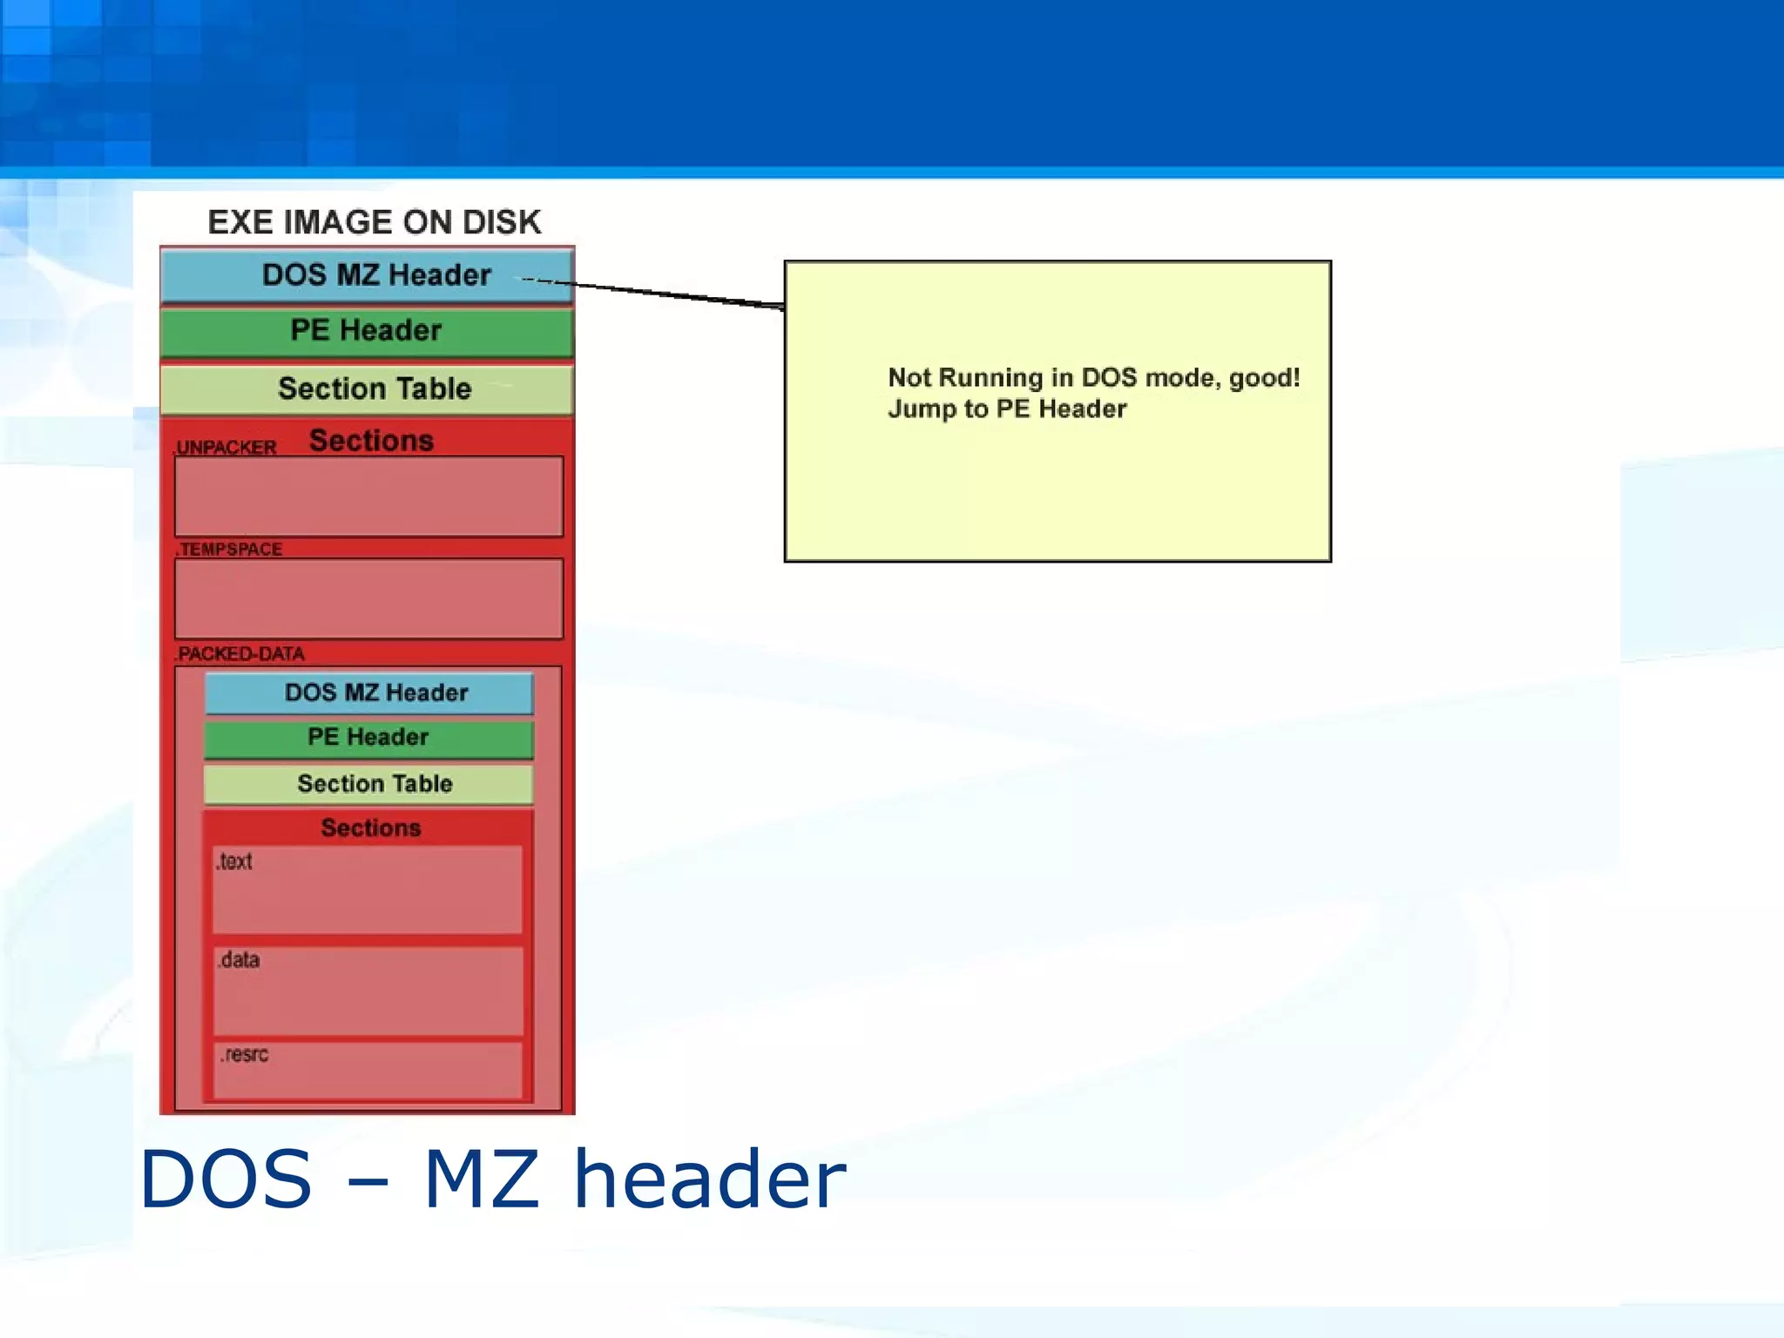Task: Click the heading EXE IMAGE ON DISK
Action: pyautogui.click(x=374, y=222)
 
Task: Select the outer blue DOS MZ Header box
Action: pyautogui.click(x=367, y=275)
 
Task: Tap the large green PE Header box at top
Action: pyautogui.click(x=367, y=331)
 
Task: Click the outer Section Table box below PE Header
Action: pyautogui.click(x=367, y=389)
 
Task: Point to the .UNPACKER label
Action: pyautogui.click(x=226, y=448)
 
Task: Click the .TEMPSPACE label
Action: pyautogui.click(x=229, y=550)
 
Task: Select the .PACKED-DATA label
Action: pyautogui.click(x=240, y=654)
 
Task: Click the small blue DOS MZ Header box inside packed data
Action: pyautogui.click(x=368, y=693)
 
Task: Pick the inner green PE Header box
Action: pyautogui.click(x=368, y=738)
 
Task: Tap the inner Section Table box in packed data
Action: pyautogui.click(x=368, y=784)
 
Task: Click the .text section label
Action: pyautogui.click(x=234, y=862)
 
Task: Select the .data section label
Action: pyautogui.click(x=239, y=960)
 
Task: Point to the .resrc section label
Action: pyautogui.click(x=244, y=1055)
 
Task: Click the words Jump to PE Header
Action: pyautogui.click(x=1007, y=409)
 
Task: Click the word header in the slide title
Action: pyautogui.click(x=709, y=1179)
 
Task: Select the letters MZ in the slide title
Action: pyautogui.click(x=481, y=1179)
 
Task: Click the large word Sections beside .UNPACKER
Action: pyautogui.click(x=371, y=441)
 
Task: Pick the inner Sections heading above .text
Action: pyautogui.click(x=370, y=828)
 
